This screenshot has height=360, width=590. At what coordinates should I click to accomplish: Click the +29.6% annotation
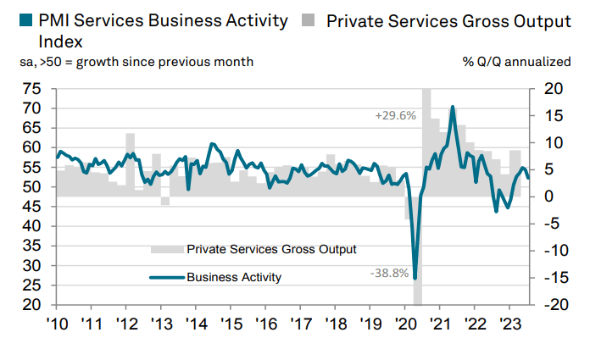(x=395, y=115)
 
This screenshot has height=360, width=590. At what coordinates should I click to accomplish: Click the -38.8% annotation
(x=389, y=273)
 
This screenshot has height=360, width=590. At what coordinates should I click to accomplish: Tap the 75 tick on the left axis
(x=32, y=88)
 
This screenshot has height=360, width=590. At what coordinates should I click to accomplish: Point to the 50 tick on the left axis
(x=32, y=186)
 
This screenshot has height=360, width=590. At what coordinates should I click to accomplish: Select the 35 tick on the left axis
(x=32, y=246)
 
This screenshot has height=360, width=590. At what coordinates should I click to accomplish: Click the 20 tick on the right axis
(x=552, y=88)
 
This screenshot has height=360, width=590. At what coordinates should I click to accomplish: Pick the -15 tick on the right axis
(x=552, y=277)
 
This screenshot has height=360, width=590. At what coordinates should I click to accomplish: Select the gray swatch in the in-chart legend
(x=166, y=249)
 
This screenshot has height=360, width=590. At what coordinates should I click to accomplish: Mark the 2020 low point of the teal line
(x=415, y=278)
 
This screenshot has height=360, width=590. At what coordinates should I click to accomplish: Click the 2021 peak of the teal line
(x=453, y=107)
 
